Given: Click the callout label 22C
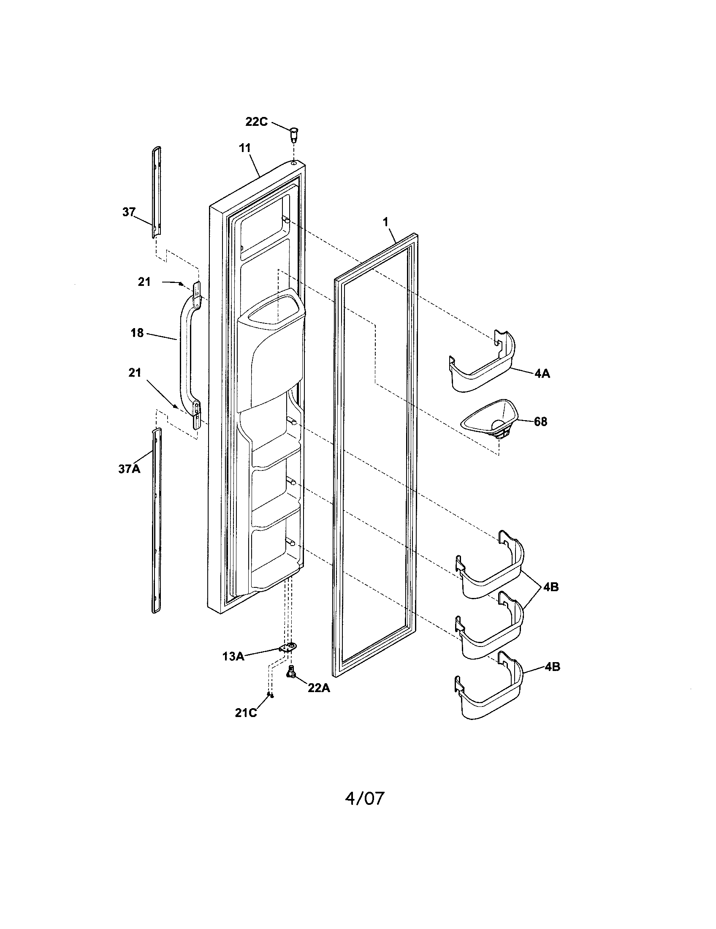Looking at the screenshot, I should click(x=256, y=122).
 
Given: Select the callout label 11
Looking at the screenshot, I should click(x=245, y=149).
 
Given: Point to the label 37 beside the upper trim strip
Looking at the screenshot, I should click(x=129, y=212).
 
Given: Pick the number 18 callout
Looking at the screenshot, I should click(x=137, y=333).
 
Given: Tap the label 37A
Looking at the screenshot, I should click(x=129, y=469).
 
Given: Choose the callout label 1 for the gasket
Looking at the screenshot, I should click(x=385, y=221).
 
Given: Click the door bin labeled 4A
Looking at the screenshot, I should click(x=483, y=361).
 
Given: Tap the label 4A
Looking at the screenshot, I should click(x=542, y=374).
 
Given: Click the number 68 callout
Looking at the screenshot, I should click(x=540, y=422).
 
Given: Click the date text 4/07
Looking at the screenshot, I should click(x=364, y=799).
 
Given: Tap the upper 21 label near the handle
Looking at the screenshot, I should click(x=144, y=282).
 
